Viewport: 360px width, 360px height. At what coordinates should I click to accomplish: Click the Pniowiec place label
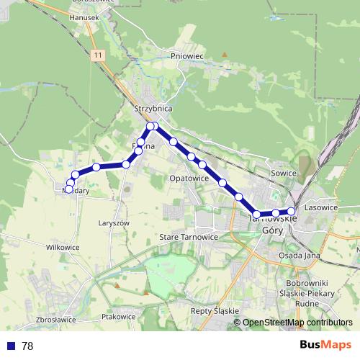tap(187, 55)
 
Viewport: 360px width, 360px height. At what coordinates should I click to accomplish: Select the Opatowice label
tap(189, 178)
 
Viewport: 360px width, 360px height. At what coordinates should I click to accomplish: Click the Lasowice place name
tap(321, 207)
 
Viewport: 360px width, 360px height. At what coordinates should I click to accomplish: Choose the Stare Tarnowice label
tap(189, 236)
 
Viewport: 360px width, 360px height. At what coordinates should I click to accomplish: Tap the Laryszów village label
tap(114, 223)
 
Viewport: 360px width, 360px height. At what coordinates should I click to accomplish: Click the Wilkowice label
tap(63, 247)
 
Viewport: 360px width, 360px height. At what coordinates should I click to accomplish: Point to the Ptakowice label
tap(119, 316)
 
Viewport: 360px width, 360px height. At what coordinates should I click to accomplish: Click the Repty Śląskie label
tap(215, 311)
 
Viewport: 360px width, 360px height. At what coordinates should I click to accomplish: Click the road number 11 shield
tap(96, 55)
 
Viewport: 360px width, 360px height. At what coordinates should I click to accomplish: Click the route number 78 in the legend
tap(27, 346)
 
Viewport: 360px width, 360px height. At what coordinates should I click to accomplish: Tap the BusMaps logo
tap(325, 345)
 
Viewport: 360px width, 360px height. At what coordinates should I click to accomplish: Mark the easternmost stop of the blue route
tap(291, 212)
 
